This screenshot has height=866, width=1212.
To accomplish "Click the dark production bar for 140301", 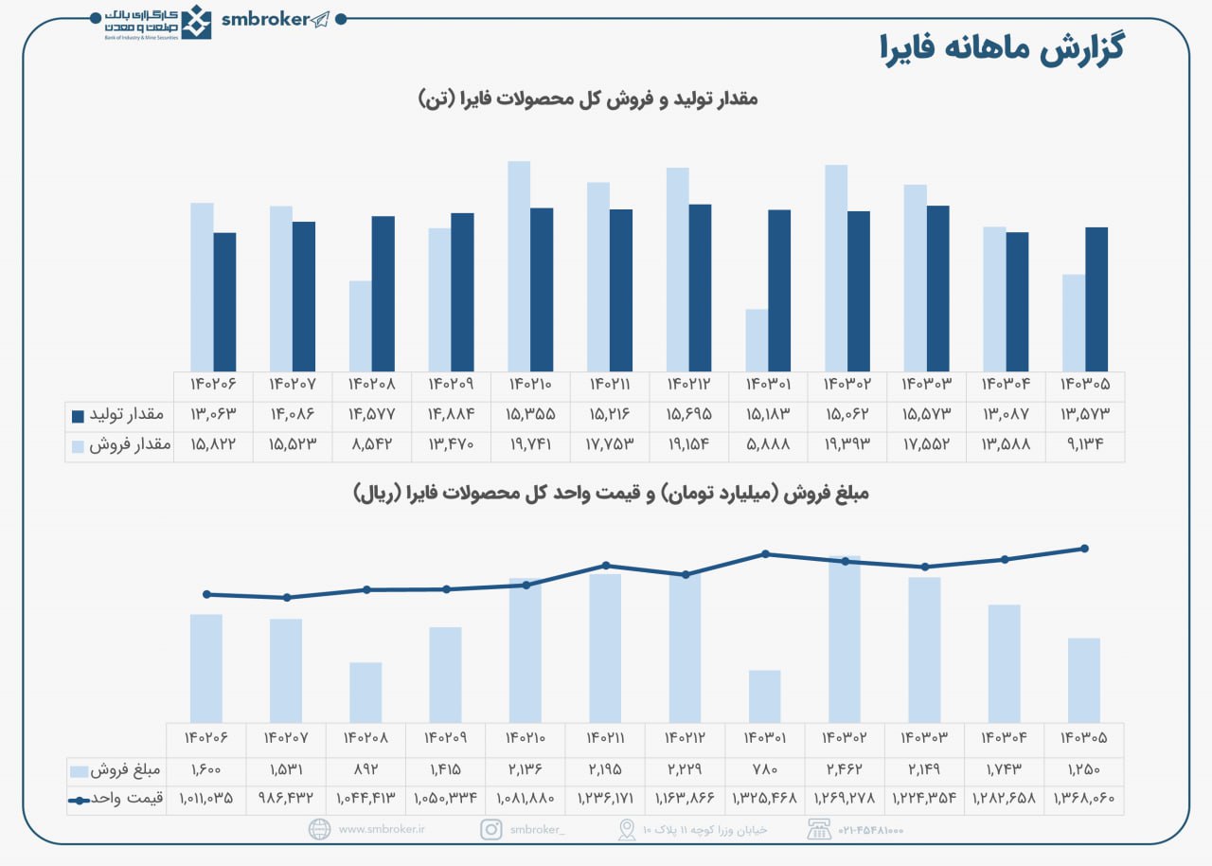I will coord(779,290).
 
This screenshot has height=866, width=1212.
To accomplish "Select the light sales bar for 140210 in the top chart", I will coord(519,266).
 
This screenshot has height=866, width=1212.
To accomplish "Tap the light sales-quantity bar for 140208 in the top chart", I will coord(361,326).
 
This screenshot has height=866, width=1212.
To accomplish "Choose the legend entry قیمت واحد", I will coord(117,799).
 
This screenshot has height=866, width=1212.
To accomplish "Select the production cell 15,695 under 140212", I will coord(688,416).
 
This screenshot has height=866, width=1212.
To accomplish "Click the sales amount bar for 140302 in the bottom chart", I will coord(845,640).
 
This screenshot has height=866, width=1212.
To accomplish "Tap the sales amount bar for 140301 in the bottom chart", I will coord(765,696).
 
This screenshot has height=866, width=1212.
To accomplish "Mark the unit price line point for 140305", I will coord(1085,549).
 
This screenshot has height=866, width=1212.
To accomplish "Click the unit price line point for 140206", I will coord(206,594).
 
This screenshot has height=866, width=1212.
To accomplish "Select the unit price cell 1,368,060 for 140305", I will coord(1084,799).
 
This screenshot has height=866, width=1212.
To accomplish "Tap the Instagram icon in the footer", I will coord(491,830).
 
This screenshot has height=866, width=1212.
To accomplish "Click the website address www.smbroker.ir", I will coord(382,830).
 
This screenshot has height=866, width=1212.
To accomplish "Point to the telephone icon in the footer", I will coord(819,830).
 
